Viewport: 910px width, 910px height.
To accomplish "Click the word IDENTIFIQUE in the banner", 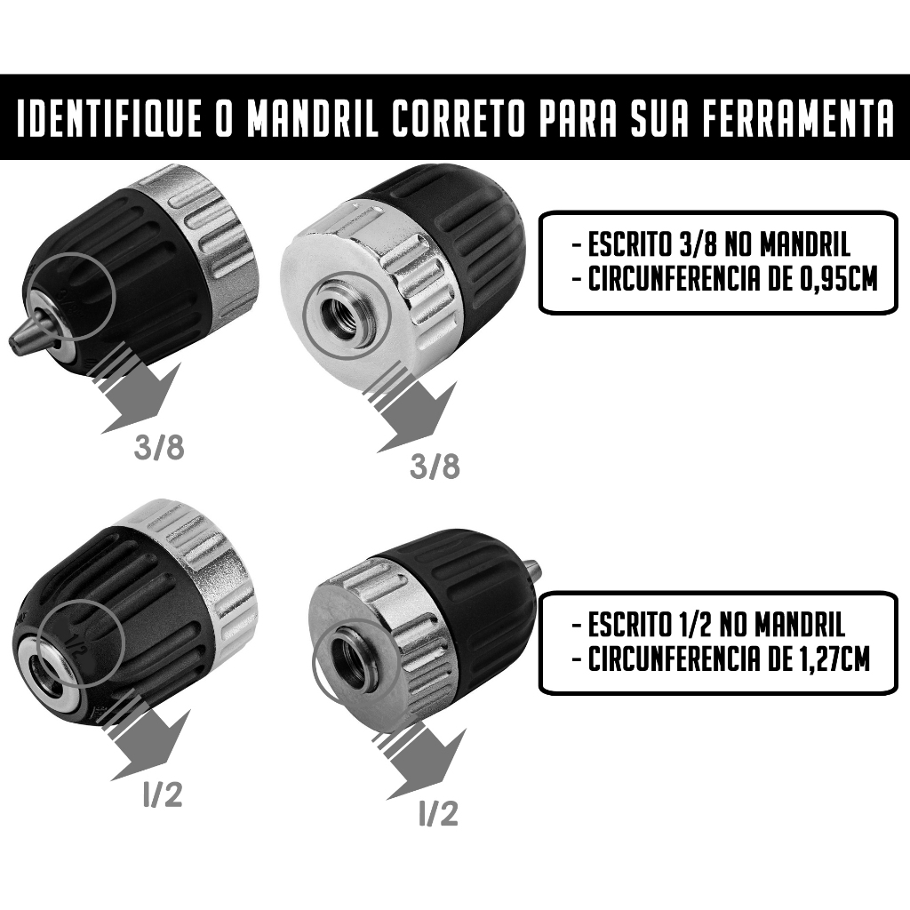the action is pyautogui.click(x=108, y=119).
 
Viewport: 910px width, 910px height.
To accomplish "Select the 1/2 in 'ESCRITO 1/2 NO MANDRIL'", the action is pyautogui.click(x=691, y=625).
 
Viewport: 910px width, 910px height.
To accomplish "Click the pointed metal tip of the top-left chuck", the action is pyautogui.click(x=32, y=328).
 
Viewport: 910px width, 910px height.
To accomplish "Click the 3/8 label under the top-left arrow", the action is pyautogui.click(x=159, y=448).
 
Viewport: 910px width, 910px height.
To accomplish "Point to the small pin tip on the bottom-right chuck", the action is pyautogui.click(x=535, y=567).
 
